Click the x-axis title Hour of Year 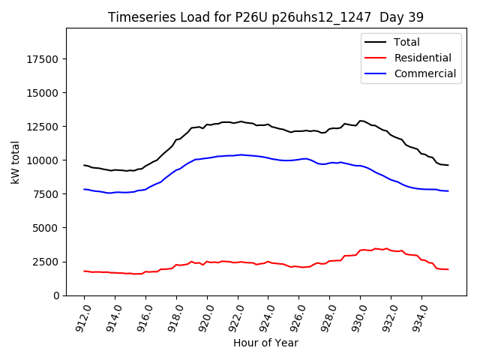coord(266,343)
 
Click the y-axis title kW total coord(15,161)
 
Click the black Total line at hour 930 coord(361,121)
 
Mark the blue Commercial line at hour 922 coord(238,154)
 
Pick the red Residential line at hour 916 coord(146,271)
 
